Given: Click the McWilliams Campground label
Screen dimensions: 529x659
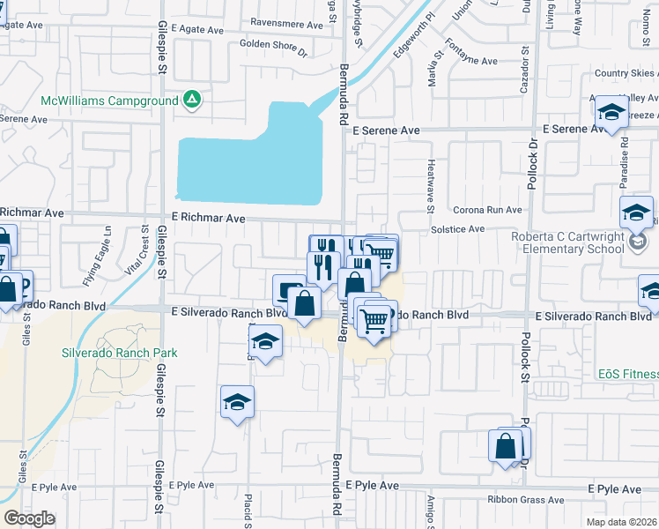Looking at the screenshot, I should click(x=109, y=101).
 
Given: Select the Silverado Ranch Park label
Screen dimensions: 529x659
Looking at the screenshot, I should click(x=120, y=353).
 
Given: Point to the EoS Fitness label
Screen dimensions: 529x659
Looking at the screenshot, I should click(x=628, y=374).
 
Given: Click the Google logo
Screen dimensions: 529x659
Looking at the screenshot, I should click(x=29, y=518).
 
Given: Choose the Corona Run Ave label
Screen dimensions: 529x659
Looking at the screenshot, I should click(x=488, y=211).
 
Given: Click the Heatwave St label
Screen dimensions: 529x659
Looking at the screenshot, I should click(x=431, y=186).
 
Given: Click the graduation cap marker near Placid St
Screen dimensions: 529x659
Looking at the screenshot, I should click(x=237, y=402).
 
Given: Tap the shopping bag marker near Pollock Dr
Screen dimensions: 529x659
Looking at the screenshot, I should click(x=508, y=446).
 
